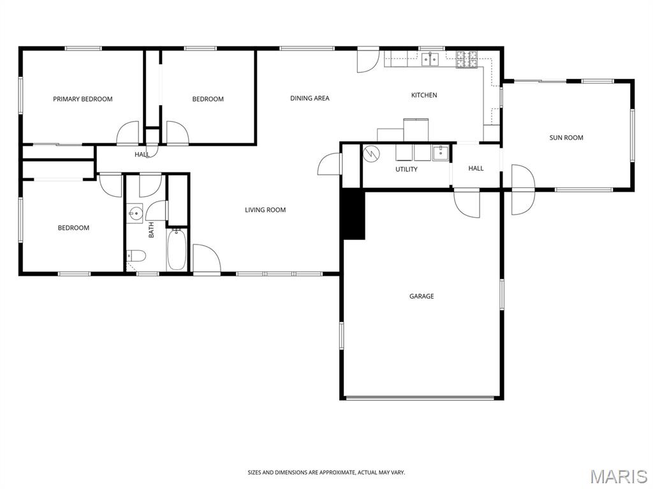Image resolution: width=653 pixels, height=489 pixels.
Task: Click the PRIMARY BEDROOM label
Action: tap(83, 99)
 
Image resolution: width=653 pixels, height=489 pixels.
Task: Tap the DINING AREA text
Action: tap(310, 98)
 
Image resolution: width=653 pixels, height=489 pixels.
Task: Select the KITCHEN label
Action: tap(424, 95)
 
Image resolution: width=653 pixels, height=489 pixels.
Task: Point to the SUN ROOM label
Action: tap(566, 138)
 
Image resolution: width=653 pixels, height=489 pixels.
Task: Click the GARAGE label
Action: tap(422, 296)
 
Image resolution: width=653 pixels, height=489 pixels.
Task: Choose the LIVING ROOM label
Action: tap(265, 209)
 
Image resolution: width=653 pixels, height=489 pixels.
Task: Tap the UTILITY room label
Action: tap(406, 169)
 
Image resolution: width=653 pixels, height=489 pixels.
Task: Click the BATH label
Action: tap(151, 229)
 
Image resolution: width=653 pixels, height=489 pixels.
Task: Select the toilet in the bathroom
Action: tap(136, 256)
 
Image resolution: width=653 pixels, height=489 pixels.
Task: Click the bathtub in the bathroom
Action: tap(177, 250)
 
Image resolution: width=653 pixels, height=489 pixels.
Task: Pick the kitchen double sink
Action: tap(430, 60)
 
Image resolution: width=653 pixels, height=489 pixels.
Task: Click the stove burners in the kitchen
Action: tap(466, 59)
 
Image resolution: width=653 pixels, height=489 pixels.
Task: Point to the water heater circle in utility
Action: tap(371, 153)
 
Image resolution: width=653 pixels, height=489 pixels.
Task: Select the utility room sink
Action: tap(441, 153)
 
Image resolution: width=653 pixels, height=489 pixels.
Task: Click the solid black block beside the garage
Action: tap(353, 215)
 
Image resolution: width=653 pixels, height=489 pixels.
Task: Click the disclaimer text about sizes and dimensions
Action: tap(326, 472)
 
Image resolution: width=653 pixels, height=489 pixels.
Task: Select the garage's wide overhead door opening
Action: tap(422, 398)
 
